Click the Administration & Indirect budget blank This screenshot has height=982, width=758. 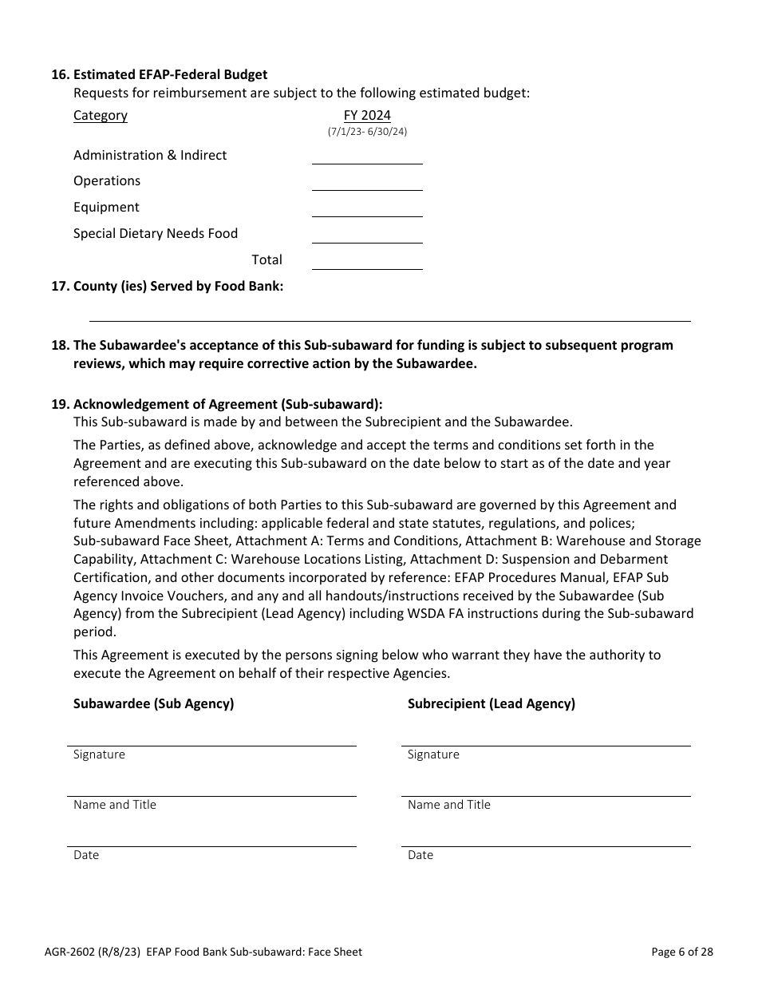(x=367, y=156)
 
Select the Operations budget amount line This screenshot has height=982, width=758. (x=367, y=183)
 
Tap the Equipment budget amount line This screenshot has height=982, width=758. (x=367, y=209)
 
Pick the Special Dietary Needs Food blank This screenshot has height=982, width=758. (x=367, y=236)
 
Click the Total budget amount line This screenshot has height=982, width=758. (x=367, y=262)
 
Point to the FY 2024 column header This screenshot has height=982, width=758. (x=367, y=116)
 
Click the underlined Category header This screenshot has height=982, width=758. (x=101, y=116)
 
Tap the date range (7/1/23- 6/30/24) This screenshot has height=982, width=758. (x=367, y=132)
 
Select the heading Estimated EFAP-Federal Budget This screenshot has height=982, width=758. (x=170, y=74)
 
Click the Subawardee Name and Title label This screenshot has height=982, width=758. (x=115, y=805)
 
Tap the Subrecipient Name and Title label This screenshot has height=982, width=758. (x=449, y=805)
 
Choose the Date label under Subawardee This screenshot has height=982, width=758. (x=86, y=855)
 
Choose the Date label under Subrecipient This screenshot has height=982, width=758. (x=420, y=855)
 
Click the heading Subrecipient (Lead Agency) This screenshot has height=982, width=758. (x=492, y=703)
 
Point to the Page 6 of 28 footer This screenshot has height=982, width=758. (x=682, y=952)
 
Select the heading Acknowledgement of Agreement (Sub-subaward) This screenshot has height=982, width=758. (x=228, y=404)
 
